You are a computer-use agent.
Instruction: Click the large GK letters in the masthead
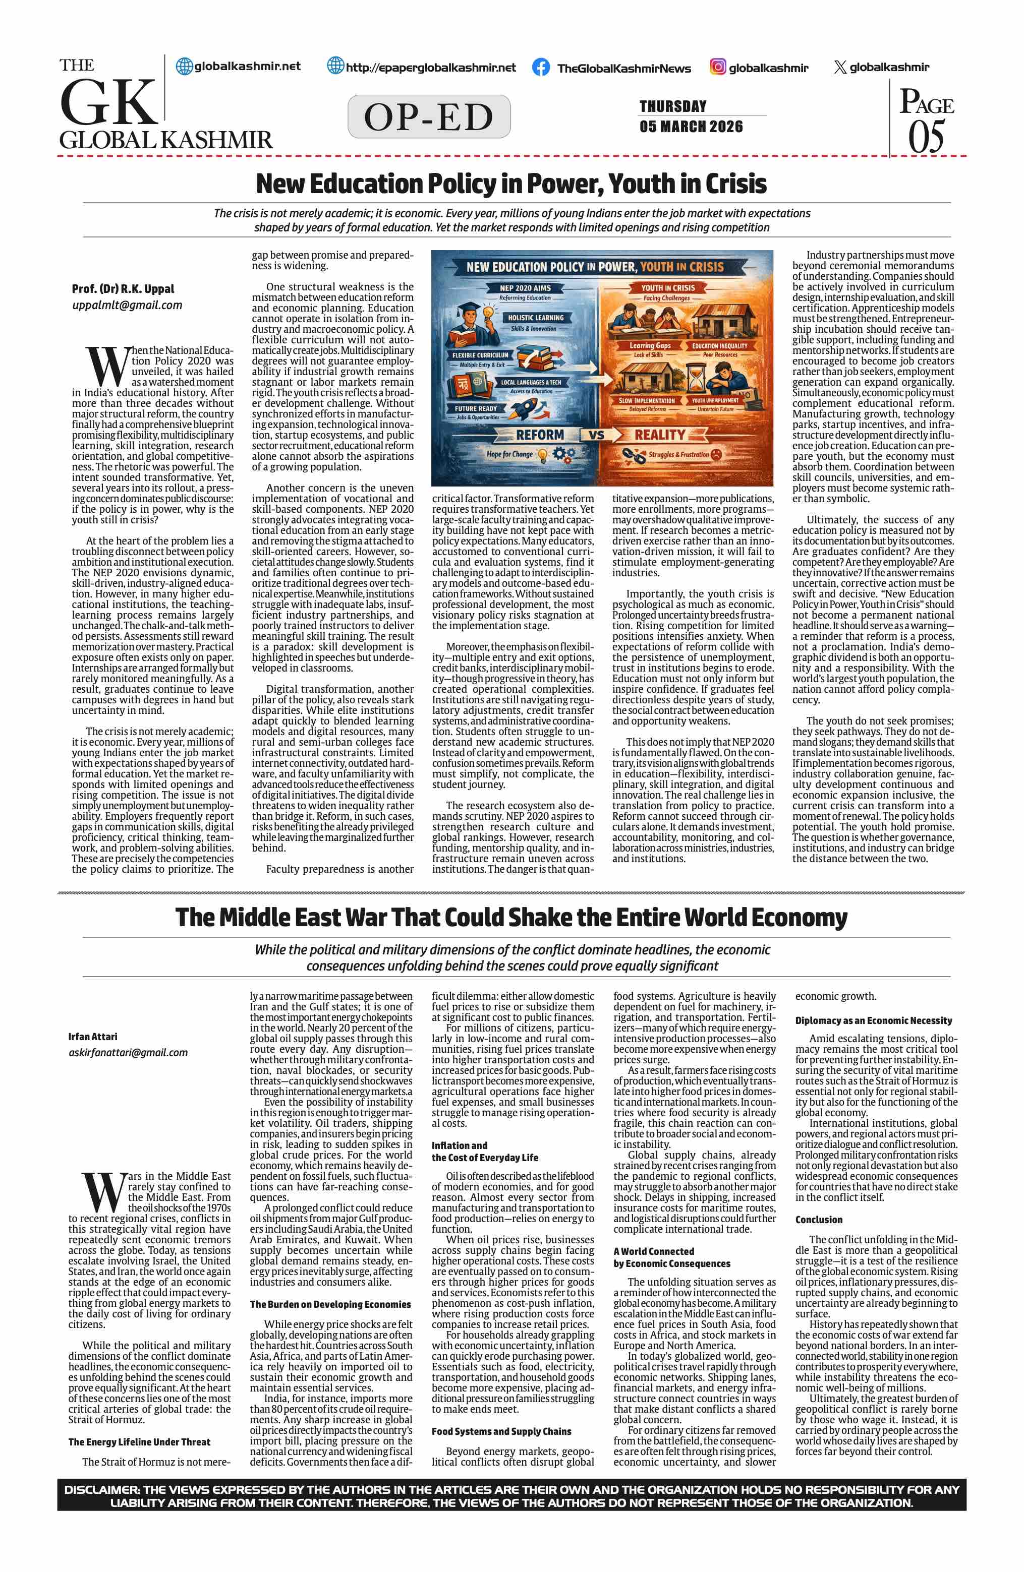(x=107, y=102)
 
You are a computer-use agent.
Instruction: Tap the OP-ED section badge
(x=429, y=117)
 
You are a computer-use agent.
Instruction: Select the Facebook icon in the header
(x=540, y=68)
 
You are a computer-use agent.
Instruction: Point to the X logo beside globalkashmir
(x=840, y=68)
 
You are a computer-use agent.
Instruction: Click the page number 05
(x=926, y=137)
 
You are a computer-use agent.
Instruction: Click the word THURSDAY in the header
(x=672, y=106)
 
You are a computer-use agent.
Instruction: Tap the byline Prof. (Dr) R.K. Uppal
(x=123, y=289)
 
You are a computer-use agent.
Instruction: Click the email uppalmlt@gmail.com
(x=127, y=305)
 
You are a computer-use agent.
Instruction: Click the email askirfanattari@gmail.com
(x=128, y=1053)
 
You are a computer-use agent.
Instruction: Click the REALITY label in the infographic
(x=659, y=435)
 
